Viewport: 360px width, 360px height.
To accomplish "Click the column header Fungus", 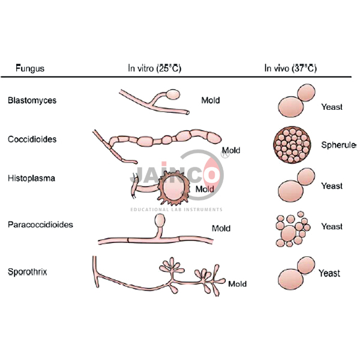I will coord(29,68).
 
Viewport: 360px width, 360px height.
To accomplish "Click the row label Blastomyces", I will coord(32,100).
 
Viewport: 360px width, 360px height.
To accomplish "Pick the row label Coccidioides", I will coord(32,139).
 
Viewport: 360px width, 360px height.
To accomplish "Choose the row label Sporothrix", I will coord(29,271).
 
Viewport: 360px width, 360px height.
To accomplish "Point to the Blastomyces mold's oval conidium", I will coord(173,94).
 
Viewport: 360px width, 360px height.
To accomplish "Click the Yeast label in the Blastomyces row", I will coord(332,107).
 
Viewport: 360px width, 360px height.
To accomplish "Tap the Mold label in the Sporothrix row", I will coord(237,284).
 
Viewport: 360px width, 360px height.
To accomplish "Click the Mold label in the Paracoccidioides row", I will coord(221,229).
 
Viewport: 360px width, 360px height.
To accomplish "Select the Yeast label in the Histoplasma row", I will coord(332,186).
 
